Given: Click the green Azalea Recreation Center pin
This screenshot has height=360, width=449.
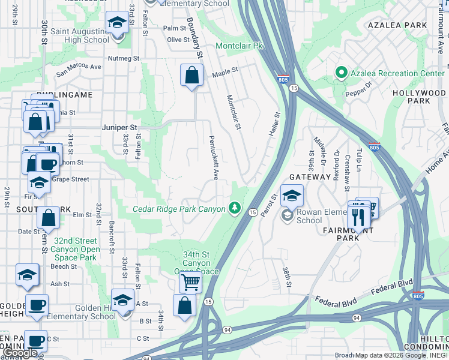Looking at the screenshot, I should pos(342,73).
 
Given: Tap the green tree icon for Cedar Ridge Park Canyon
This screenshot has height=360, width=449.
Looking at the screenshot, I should pos(235,208).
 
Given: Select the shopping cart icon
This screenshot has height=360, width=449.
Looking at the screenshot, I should pos(190,281).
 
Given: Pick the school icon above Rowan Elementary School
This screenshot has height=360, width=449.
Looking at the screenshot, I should pos(292,196).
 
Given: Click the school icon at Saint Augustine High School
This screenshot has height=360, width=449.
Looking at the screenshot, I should pos(116,23).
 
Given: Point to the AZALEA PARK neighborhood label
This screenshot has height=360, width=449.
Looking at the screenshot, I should pos(397,25).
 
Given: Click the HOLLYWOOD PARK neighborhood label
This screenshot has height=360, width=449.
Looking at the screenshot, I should pos(418,97).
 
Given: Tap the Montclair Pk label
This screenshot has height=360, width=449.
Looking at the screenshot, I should pos(240,46).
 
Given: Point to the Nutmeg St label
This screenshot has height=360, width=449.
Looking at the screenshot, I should pos(123,59).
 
